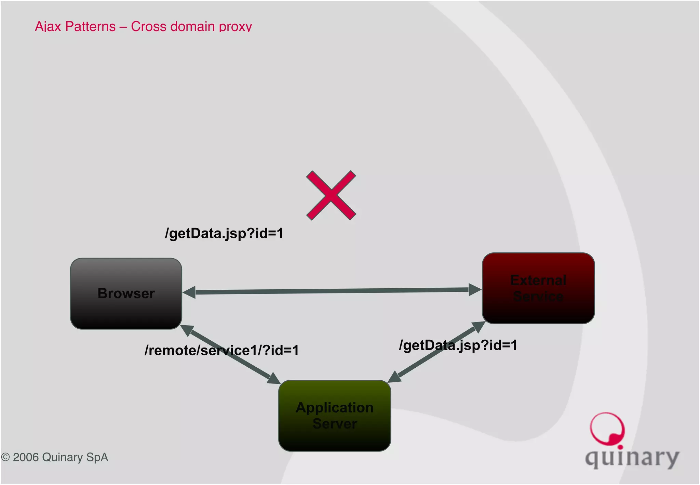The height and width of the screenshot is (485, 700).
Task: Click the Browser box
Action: (x=126, y=293)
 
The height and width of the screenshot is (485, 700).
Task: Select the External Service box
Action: (x=538, y=288)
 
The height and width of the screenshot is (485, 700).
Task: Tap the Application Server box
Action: (x=334, y=415)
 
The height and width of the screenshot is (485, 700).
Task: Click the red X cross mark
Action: (x=331, y=195)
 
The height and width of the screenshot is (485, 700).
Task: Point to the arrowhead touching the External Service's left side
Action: (x=474, y=289)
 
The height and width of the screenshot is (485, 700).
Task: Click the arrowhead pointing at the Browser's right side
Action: (x=189, y=292)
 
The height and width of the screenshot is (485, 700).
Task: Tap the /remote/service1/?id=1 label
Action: (x=221, y=350)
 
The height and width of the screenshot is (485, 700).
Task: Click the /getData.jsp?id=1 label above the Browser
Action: (x=224, y=233)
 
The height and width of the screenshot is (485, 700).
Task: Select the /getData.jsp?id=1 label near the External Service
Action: (x=458, y=345)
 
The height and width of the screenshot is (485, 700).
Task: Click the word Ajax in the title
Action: (x=48, y=26)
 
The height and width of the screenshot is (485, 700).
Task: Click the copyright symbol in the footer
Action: (x=5, y=457)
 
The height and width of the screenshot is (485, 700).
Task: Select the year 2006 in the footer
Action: (x=26, y=457)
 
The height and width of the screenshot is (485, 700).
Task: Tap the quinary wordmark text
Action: (x=632, y=458)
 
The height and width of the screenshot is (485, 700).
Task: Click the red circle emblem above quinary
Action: (x=607, y=429)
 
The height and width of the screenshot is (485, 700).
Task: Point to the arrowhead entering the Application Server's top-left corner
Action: (x=274, y=379)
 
